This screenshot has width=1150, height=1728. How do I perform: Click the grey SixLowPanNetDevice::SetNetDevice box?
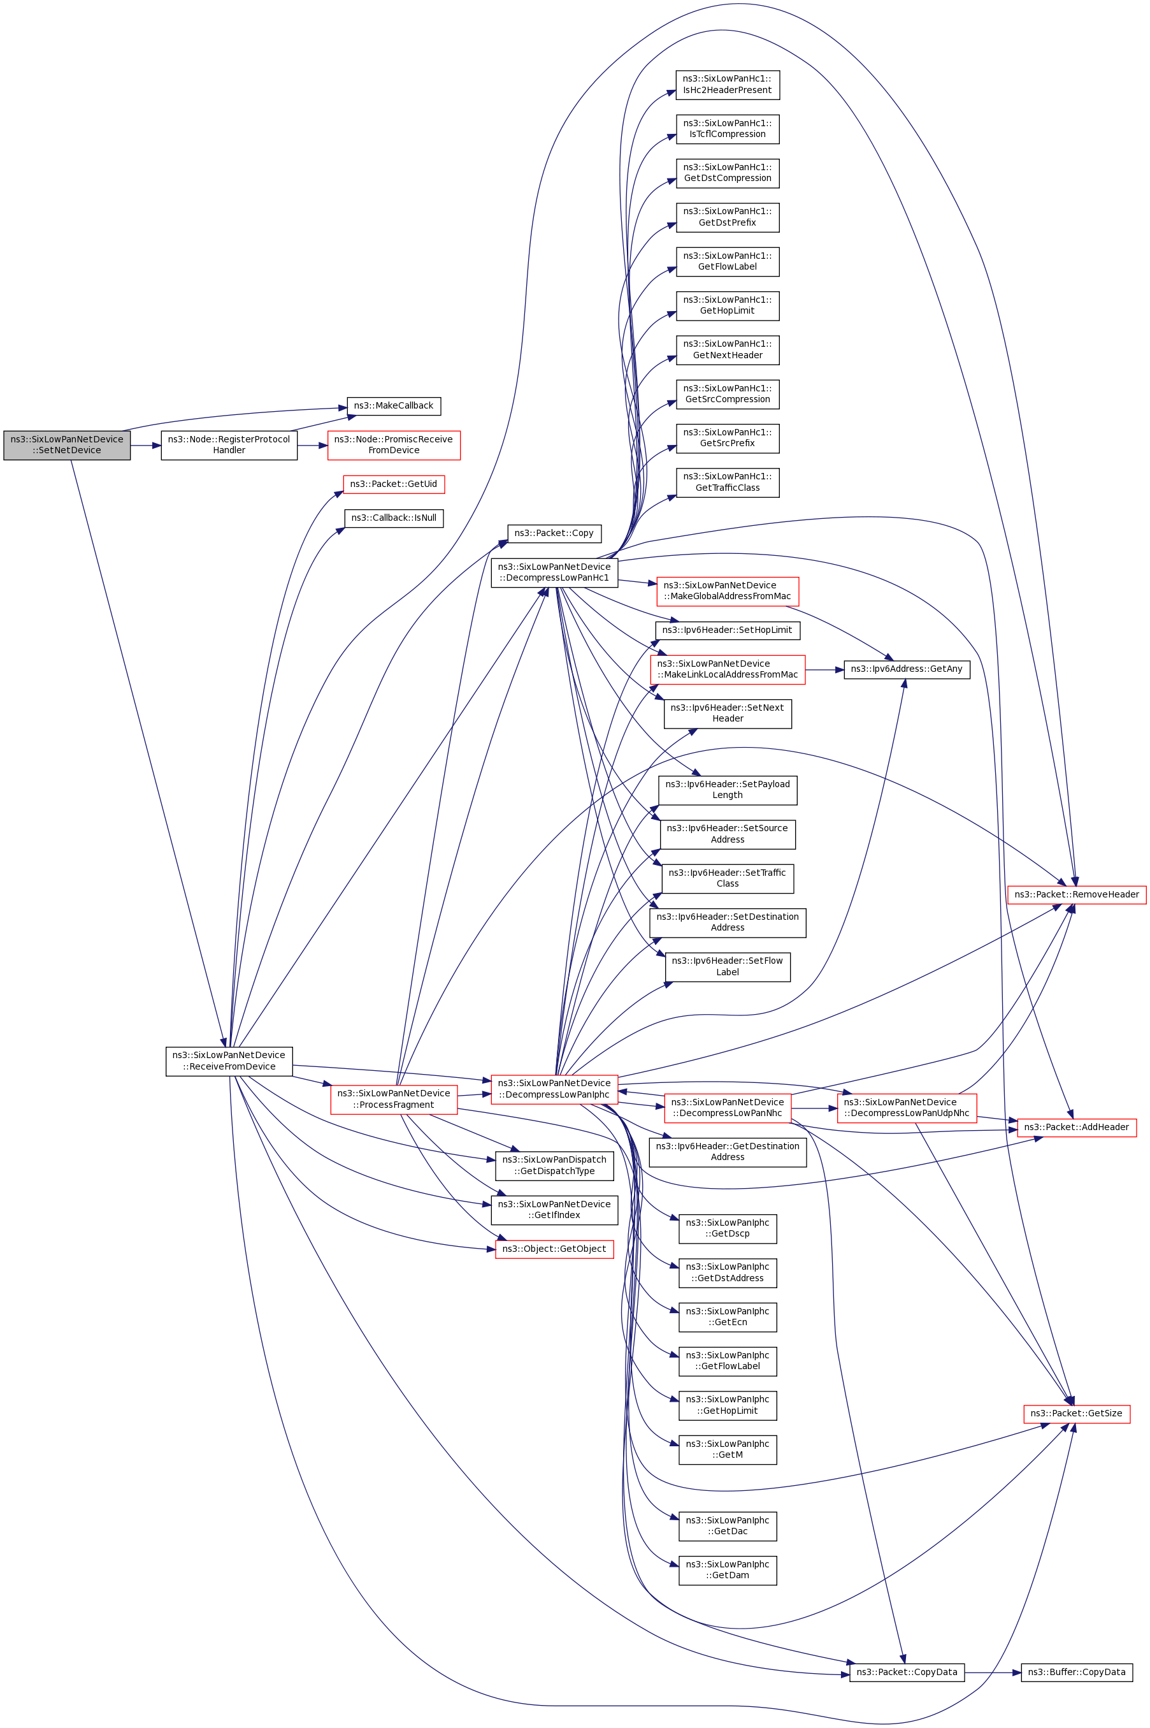click(x=67, y=445)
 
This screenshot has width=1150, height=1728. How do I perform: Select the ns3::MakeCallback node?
click(x=393, y=406)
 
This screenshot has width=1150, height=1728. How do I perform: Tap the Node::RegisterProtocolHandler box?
click(x=229, y=445)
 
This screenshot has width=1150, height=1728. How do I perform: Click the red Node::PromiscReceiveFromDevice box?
click(x=394, y=445)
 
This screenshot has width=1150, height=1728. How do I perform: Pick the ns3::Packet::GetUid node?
click(x=394, y=484)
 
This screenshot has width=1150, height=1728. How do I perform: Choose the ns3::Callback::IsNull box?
click(x=394, y=518)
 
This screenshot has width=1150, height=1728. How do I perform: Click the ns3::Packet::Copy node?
click(x=554, y=534)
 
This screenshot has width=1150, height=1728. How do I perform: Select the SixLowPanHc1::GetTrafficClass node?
click(x=727, y=482)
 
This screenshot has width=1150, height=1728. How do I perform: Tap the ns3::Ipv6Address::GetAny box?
click(x=907, y=669)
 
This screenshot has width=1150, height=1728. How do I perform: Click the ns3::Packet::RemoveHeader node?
click(x=1076, y=894)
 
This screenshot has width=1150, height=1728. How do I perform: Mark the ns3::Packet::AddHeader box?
click(x=1076, y=1127)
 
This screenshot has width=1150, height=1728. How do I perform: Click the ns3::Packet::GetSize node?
click(x=1076, y=1413)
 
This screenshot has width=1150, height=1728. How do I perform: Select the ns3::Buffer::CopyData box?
click(x=1076, y=1673)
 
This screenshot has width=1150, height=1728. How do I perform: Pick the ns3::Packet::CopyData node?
click(x=907, y=1673)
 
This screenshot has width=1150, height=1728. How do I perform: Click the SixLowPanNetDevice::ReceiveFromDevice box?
click(x=229, y=1061)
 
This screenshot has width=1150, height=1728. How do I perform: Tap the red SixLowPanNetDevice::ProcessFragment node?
click(x=394, y=1099)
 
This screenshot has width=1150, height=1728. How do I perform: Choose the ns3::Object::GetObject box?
click(x=554, y=1249)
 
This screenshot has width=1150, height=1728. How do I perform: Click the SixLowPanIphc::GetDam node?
click(x=727, y=1570)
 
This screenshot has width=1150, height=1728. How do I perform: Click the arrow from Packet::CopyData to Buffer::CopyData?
click(x=993, y=1673)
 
